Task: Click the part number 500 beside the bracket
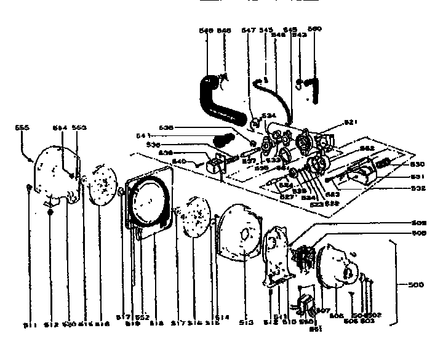417,286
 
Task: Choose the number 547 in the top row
249,30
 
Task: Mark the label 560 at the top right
314,30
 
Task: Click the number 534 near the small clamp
268,115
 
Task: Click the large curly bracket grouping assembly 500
395,285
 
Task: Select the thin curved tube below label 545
276,98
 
